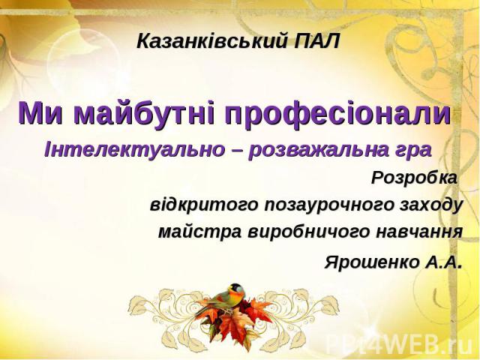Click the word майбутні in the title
[x=145, y=113]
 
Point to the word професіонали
[x=338, y=113]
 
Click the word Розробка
[x=414, y=178]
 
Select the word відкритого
[x=204, y=205]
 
